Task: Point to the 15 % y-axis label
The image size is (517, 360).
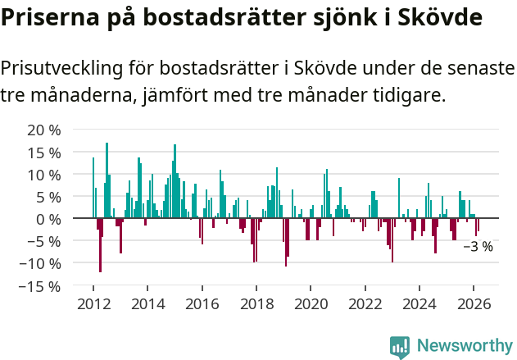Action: pos(44,153)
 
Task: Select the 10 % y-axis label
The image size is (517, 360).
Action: pos(44,175)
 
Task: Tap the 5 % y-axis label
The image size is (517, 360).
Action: pos(48,197)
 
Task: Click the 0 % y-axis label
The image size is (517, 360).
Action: pos(48,219)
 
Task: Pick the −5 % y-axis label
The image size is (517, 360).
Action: pos(44,241)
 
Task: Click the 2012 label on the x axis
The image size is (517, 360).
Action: pos(93,303)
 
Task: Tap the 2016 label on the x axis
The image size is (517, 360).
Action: pos(202,303)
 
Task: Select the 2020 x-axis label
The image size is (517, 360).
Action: pos(311,303)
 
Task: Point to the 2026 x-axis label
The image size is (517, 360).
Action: pos(474,303)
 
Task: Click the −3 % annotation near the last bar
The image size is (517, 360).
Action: pos(478,246)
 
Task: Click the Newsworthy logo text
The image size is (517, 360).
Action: pos(465,345)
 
